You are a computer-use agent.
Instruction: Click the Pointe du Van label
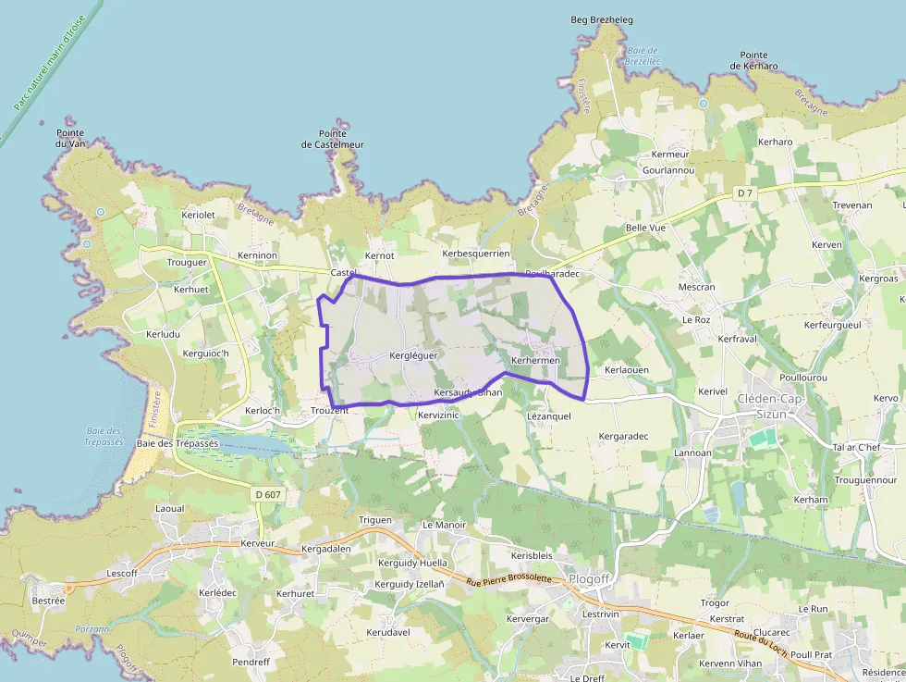coord(70,138)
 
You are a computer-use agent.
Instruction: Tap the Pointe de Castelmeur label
coord(333,139)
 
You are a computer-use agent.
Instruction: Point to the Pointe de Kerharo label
coord(753,61)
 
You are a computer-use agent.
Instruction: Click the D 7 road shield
coord(745,192)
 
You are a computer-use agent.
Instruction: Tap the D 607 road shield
coord(266,495)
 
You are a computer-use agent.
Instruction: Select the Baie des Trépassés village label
coord(177,443)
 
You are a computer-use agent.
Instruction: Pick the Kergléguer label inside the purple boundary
coord(413,355)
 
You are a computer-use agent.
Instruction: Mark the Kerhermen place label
coord(536,360)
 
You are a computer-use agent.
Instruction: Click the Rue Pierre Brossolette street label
coord(508,579)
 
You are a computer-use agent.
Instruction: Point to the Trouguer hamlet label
coord(187,262)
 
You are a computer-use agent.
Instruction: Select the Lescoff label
coord(122,573)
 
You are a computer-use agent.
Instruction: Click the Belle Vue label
coord(645,227)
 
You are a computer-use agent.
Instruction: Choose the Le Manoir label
coord(444,525)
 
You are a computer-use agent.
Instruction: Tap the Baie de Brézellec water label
coord(642,56)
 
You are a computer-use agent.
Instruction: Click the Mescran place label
coord(696,287)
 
